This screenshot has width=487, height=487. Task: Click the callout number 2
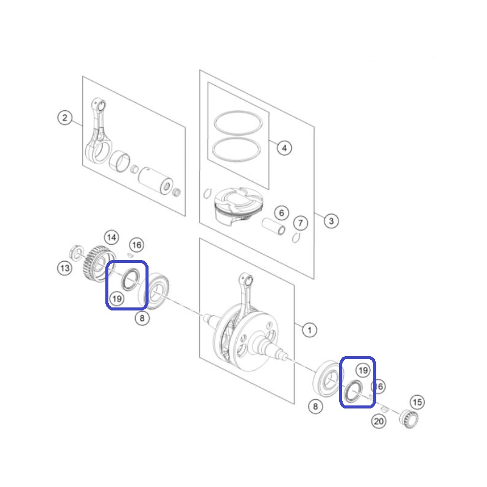tap(65, 118)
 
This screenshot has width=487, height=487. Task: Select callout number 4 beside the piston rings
tap(284, 148)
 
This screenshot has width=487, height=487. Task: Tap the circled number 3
tap(331, 221)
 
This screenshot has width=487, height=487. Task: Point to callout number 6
tap(281, 213)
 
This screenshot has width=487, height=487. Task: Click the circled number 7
tap(300, 223)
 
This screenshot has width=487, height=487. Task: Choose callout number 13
tap(65, 268)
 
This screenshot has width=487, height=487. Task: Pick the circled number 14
tap(111, 238)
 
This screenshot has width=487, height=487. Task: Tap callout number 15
tap(417, 402)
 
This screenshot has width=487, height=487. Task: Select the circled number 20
tap(379, 421)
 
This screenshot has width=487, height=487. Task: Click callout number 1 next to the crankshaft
tap(309, 330)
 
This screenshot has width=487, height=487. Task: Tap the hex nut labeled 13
tap(75, 252)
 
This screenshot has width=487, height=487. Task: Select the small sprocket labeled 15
tap(408, 419)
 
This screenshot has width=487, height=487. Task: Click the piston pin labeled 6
tap(273, 226)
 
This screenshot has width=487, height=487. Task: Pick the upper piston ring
tap(238, 123)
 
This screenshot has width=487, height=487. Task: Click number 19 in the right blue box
tap(363, 370)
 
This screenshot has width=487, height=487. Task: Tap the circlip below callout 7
tap(296, 238)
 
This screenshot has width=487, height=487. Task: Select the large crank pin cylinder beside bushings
tap(156, 181)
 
